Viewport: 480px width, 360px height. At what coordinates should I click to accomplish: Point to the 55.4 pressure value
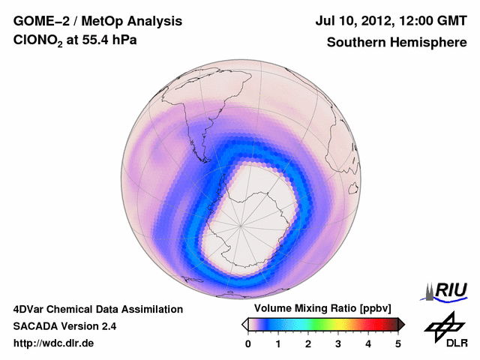(98, 43)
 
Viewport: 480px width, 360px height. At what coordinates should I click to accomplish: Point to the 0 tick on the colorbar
(248, 343)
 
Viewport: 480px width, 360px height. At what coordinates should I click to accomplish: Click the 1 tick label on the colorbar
(278, 343)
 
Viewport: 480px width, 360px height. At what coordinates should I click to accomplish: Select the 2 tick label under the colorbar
(308, 343)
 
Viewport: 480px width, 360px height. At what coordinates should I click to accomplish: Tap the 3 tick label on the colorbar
(338, 343)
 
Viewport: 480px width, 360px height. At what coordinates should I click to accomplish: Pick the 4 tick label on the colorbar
(368, 343)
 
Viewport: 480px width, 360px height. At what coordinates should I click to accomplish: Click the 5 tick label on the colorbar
(398, 343)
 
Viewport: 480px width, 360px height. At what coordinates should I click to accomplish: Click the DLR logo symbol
(444, 326)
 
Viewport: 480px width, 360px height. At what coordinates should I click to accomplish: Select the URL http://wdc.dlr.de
(54, 343)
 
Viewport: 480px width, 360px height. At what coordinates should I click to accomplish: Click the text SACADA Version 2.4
(64, 326)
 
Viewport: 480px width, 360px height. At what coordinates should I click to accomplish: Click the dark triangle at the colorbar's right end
(401, 324)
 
